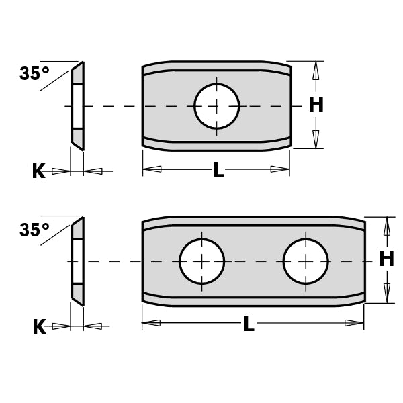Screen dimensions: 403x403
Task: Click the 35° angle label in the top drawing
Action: [34, 73]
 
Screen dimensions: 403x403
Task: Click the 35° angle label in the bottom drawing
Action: [34, 230]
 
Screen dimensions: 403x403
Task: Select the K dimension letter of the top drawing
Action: [38, 171]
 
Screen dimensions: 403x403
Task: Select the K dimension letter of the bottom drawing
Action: [39, 327]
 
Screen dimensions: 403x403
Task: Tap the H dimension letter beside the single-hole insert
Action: [316, 105]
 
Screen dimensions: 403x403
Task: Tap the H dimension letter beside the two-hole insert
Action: [386, 259]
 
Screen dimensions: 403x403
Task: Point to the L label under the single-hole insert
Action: [218, 171]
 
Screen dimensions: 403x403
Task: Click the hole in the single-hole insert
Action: [216, 105]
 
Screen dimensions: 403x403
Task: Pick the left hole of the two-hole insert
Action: [201, 261]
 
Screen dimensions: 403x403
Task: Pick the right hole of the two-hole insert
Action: [305, 261]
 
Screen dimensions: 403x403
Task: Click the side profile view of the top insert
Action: [78, 105]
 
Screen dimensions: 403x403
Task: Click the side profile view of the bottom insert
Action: [78, 261]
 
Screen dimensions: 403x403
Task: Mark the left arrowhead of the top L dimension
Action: [152, 169]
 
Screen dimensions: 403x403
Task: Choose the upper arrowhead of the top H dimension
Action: [316, 71]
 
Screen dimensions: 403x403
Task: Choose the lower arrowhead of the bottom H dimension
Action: [386, 293]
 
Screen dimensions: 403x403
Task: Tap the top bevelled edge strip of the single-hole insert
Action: [216, 67]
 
